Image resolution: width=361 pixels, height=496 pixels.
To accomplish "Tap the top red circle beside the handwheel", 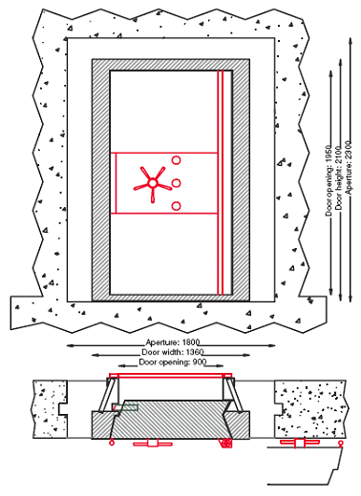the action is pos(177,159).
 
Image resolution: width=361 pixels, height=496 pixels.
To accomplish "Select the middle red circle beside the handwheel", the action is pos(177,182).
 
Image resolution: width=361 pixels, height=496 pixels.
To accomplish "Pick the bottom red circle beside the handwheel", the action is pos(177,206).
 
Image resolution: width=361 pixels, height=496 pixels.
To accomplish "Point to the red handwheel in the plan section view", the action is pos(146,444).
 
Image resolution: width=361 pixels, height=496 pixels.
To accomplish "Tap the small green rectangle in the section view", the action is pos(126,407).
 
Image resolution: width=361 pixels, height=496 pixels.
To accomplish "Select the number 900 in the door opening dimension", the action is pos(200,362).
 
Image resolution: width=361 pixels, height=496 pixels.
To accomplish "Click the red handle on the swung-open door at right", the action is pos(297,444).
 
